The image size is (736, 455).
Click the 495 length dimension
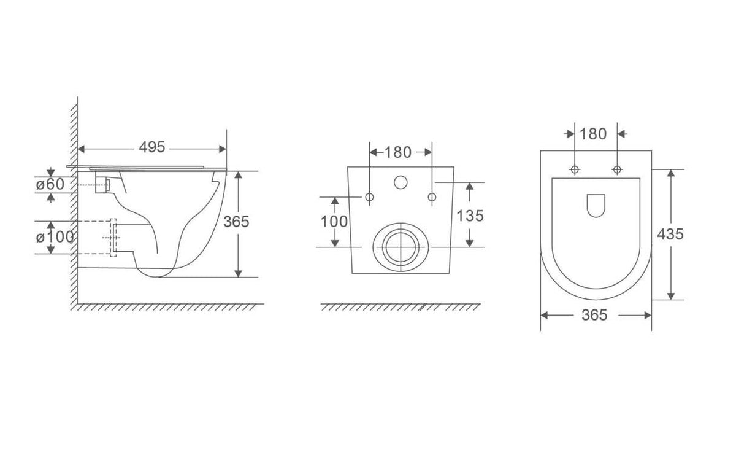152,147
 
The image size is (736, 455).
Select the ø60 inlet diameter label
50,184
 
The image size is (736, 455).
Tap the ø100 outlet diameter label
55,237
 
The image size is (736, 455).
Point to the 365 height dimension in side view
236,222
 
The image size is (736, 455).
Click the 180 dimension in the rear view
398,152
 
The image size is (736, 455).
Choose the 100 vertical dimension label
334,222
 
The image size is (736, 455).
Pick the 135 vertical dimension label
470,216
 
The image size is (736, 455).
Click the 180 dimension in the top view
593,134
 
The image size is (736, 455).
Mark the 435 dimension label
670,234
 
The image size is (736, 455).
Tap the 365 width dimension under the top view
594,315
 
